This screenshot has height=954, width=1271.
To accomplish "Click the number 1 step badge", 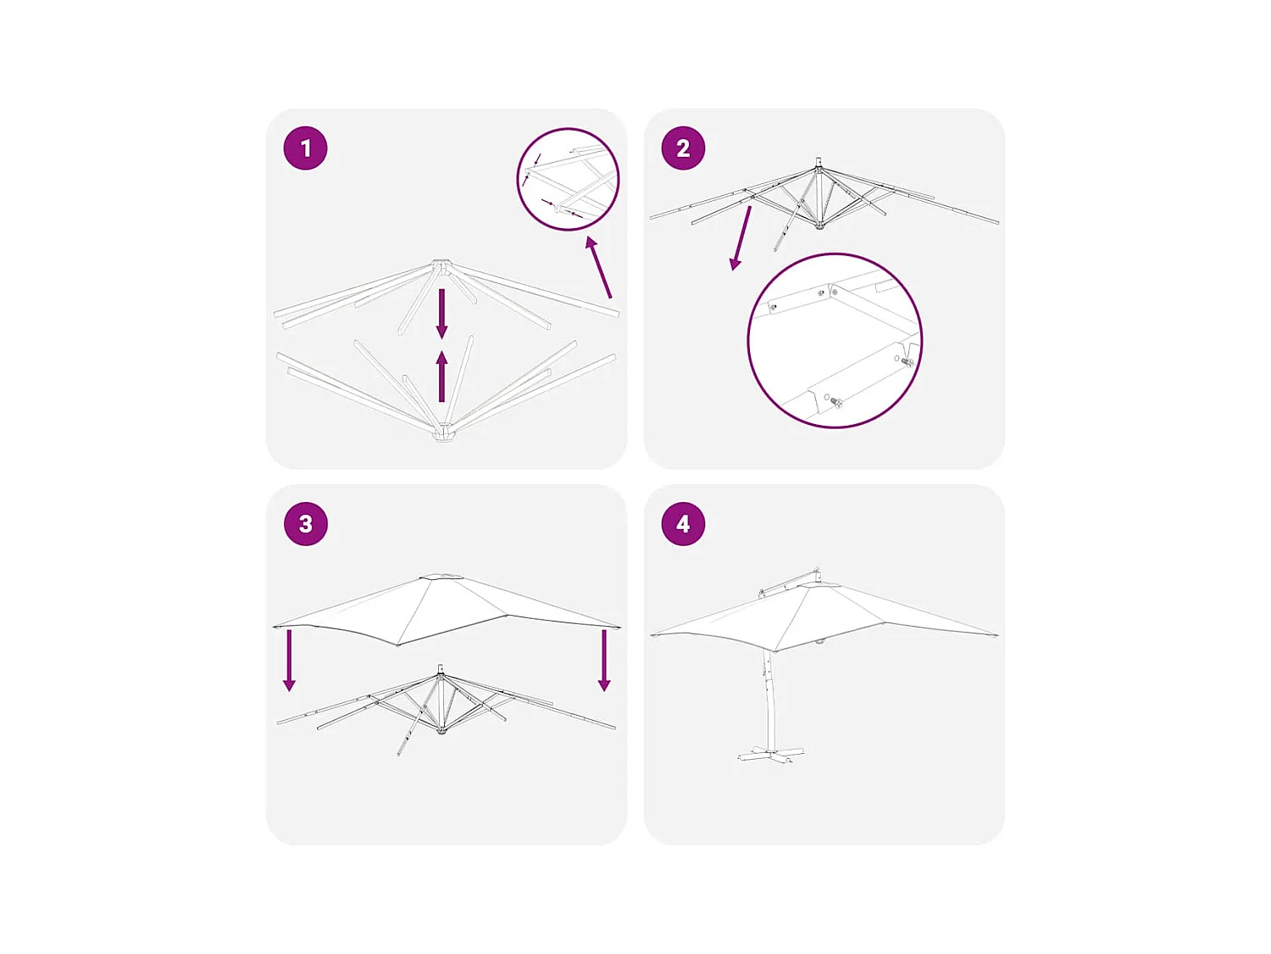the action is click(x=305, y=148).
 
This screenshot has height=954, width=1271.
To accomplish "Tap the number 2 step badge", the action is click(x=683, y=148).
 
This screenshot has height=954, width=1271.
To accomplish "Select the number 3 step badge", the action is click(x=305, y=524).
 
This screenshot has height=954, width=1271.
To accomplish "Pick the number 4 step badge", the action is click(x=683, y=524).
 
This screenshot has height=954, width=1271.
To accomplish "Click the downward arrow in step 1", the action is click(x=441, y=314).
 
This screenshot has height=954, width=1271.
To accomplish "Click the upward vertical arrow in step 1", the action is click(x=441, y=376).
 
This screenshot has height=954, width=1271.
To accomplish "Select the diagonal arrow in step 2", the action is click(x=741, y=238).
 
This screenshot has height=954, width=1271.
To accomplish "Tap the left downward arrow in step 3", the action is click(x=290, y=661).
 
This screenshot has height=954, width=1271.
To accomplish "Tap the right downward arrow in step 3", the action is click(x=604, y=661).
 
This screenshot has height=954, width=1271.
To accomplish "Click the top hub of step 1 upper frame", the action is click(x=441, y=267).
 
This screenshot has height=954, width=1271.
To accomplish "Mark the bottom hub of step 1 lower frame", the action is click(x=443, y=432).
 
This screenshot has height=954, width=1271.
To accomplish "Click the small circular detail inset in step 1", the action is click(x=568, y=179).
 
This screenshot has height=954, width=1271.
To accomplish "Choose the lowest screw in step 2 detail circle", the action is click(x=835, y=401).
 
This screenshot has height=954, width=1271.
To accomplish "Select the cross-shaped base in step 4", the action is click(x=771, y=752).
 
